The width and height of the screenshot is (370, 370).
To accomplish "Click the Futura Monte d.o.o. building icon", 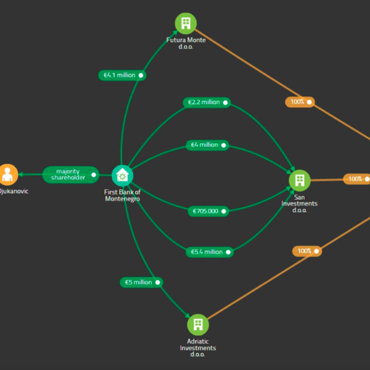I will pos(185,23).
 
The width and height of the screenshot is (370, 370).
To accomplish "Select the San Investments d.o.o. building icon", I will pos(300,180).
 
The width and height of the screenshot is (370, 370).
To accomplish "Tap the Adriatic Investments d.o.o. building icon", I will pos(198,324).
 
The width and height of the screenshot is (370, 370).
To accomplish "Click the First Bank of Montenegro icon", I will pos(123,175).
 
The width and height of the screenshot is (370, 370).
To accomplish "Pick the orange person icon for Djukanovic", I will pos(7,175).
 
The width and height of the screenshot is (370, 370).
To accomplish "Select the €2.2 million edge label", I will pos(207,102).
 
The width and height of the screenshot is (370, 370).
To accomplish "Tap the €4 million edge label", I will pos(208,145).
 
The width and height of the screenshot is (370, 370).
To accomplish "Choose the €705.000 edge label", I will pos(208,211).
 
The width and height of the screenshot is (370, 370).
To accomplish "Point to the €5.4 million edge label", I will pos(210,252).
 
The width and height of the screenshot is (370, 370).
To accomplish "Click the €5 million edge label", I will pos(141,282).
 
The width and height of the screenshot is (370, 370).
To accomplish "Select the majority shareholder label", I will pos(71,175).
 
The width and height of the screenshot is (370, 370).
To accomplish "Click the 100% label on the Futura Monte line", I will pos(300,101).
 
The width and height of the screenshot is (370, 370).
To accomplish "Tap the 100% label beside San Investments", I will pos(357,179).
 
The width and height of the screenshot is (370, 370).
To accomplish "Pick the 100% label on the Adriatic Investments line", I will pos(307,251).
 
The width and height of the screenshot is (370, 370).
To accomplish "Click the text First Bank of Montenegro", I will pos(122,195).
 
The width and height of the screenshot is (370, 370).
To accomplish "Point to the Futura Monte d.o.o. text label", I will pos(186,44).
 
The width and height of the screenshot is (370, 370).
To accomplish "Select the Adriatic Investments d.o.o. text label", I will pos(198,348).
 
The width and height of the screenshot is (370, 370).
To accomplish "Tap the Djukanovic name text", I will pos(14,192).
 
